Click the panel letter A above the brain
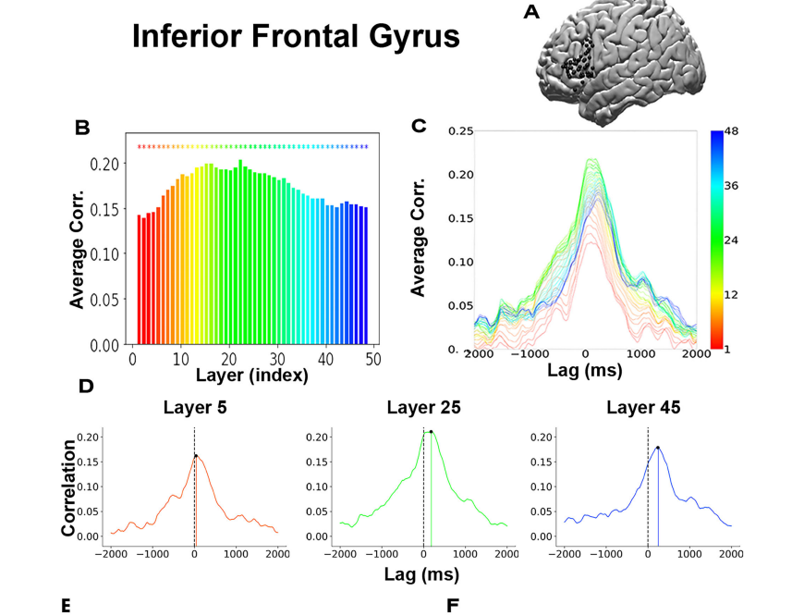pyautogui.click(x=531, y=12)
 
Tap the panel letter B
pyautogui.click(x=82, y=128)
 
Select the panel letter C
pyautogui.click(x=419, y=126)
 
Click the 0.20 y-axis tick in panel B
pyautogui.click(x=112, y=164)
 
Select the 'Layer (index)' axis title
pyautogui.click(x=251, y=376)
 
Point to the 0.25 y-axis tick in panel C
pyautogui.click(x=460, y=131)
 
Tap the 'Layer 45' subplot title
pyautogui.click(x=643, y=407)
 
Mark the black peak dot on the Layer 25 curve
pyautogui.click(x=432, y=431)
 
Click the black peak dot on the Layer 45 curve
pyautogui.click(x=657, y=448)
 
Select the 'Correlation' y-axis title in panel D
pyautogui.click(x=68, y=487)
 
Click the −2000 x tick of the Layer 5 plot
pyautogui.click(x=110, y=554)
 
